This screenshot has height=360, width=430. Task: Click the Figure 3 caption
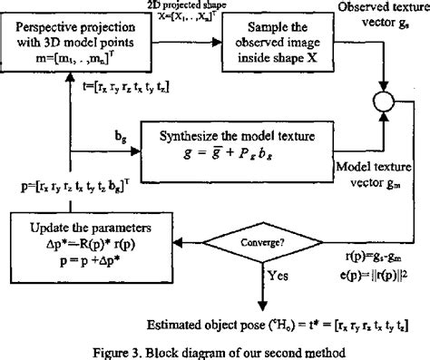215,349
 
